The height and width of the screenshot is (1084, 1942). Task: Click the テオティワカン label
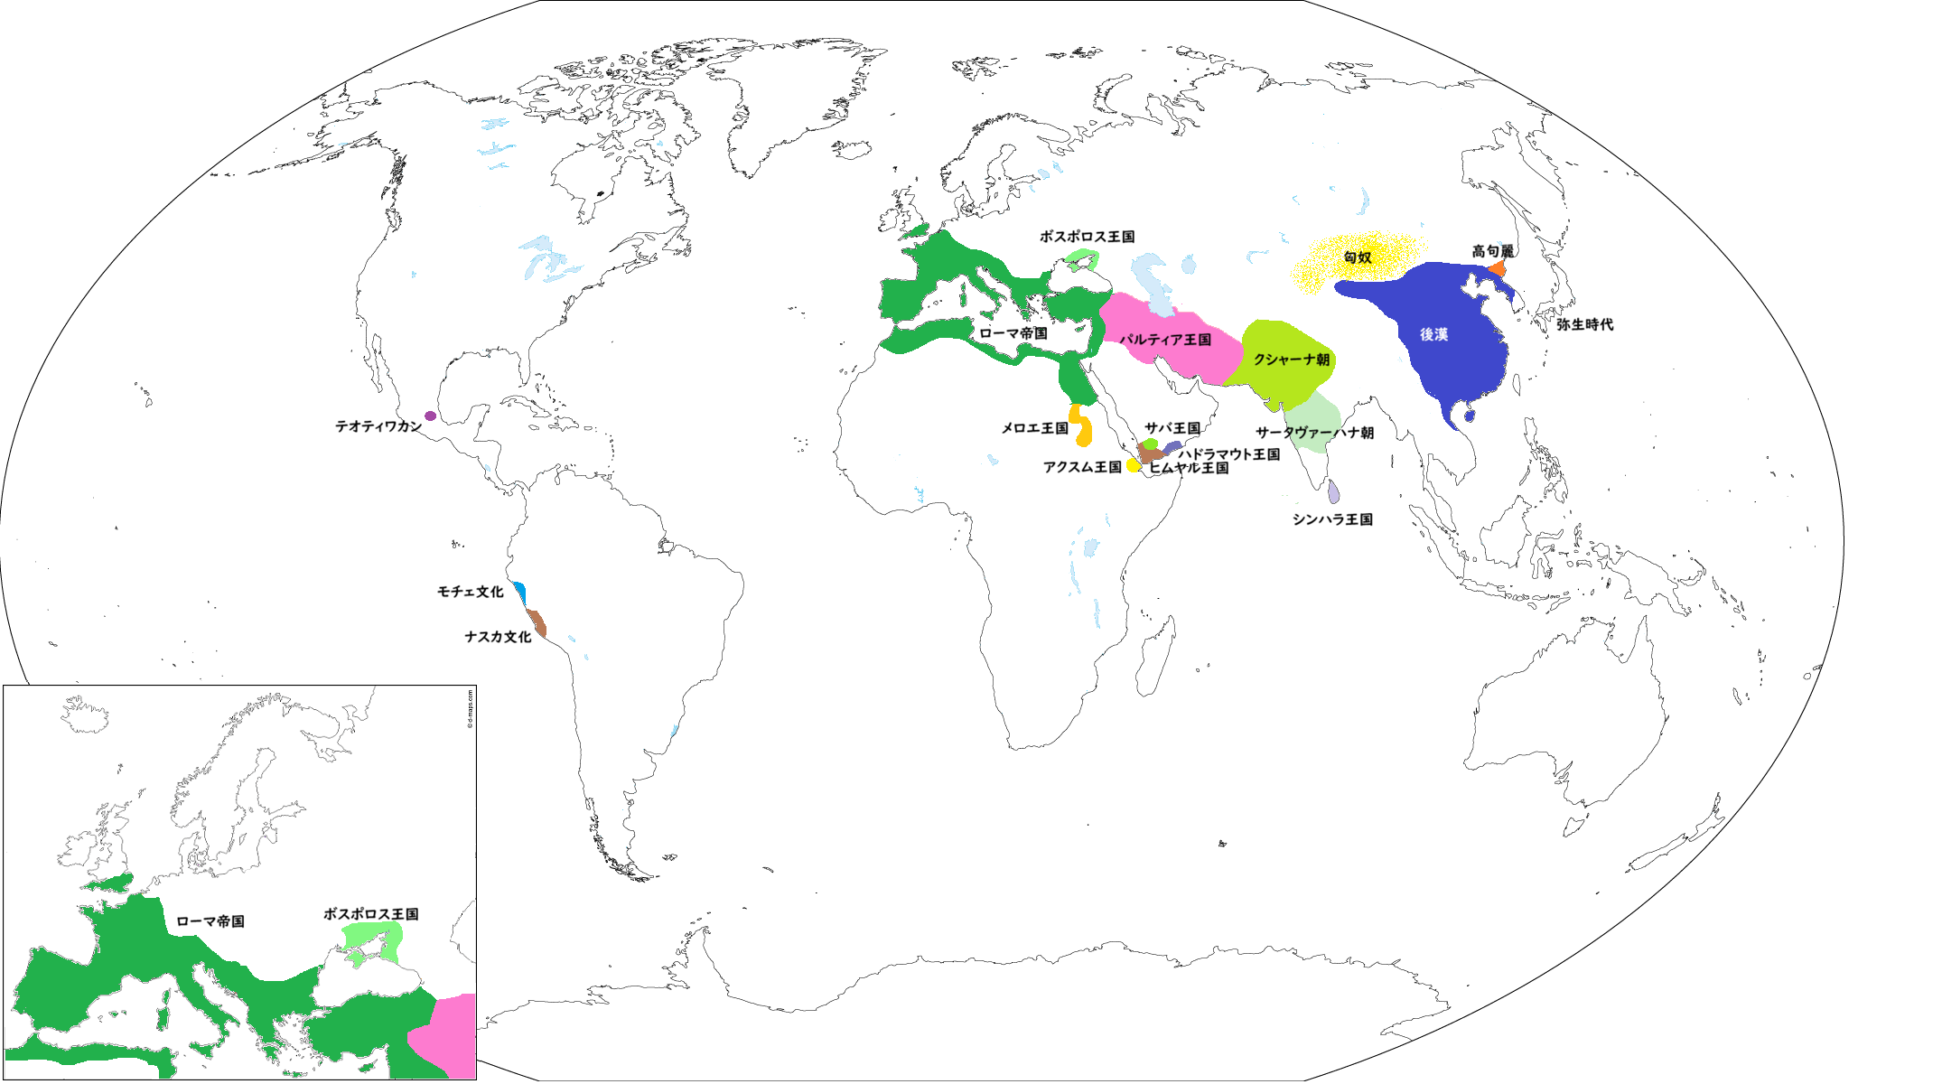click(x=378, y=426)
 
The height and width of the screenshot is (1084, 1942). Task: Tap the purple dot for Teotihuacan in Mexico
click(x=431, y=416)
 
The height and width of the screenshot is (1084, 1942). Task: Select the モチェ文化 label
click(x=470, y=592)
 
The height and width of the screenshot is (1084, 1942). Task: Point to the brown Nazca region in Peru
click(x=537, y=622)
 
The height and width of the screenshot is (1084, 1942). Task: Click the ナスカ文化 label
click(x=498, y=637)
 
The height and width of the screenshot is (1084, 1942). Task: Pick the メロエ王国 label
click(x=1034, y=428)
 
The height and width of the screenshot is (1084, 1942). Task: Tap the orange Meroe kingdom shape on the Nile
click(x=1081, y=426)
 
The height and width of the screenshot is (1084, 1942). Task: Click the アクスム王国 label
click(x=1082, y=467)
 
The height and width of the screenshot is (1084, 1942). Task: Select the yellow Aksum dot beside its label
click(x=1133, y=465)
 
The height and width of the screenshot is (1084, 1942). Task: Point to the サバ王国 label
click(x=1172, y=428)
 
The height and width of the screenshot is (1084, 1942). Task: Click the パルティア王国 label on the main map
click(x=1165, y=340)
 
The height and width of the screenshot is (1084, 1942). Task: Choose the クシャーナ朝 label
click(x=1291, y=360)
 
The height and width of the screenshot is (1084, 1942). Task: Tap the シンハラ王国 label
click(x=1332, y=519)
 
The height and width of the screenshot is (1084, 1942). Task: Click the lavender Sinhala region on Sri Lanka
click(x=1334, y=492)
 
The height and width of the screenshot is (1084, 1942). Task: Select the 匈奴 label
click(x=1358, y=257)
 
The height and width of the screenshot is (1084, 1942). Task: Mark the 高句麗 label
click(x=1492, y=251)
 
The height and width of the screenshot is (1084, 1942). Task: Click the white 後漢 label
click(x=1433, y=334)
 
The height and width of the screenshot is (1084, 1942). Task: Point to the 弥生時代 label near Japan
click(x=1584, y=324)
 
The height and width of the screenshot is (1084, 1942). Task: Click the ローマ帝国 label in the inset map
click(x=210, y=921)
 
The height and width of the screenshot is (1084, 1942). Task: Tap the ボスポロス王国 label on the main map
click(x=1087, y=237)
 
